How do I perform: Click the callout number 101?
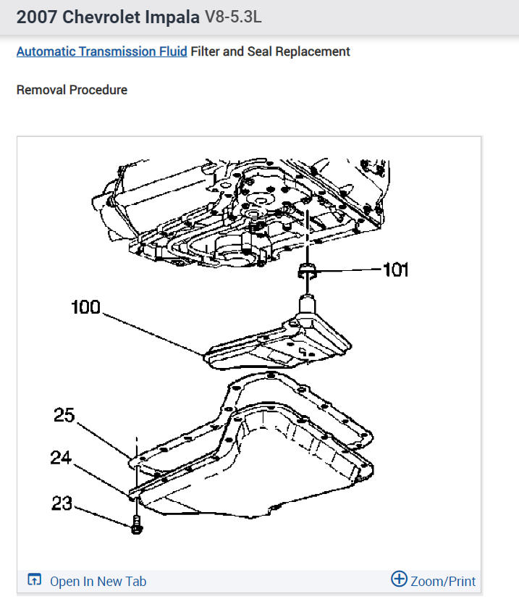coord(395,270)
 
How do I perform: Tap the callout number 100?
coord(85,307)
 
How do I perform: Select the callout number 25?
coord(64,415)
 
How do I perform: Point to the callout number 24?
coord(61,457)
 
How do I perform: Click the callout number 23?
coord(62,503)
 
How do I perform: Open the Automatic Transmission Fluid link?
coord(101,51)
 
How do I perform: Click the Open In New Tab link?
coord(98,582)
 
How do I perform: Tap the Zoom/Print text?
coord(443,581)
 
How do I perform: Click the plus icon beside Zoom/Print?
coord(399,579)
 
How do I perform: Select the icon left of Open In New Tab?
coord(34,580)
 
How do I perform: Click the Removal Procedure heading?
coord(72,90)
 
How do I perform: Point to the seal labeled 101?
coord(307,272)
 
